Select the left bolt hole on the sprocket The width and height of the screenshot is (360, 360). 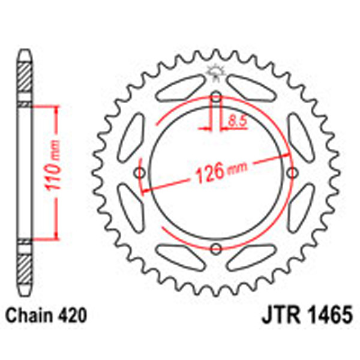coord(140,173)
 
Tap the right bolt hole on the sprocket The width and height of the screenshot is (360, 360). coord(293,173)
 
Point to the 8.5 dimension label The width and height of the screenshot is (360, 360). coord(236,122)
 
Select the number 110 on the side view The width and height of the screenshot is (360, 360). coord(54,177)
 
